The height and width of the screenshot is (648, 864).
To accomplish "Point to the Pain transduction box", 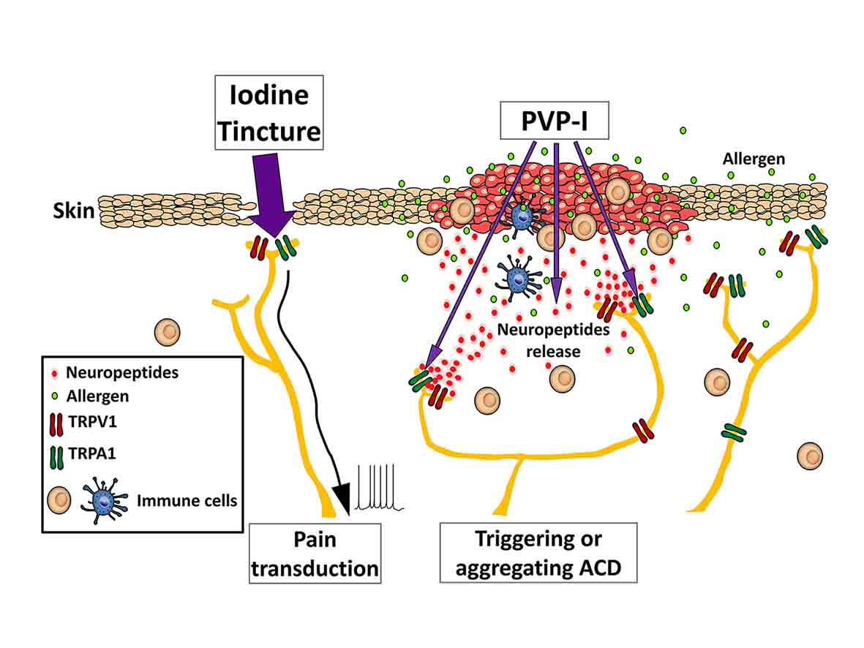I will [x=315, y=553].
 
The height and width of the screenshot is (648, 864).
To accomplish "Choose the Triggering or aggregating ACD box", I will [x=538, y=553].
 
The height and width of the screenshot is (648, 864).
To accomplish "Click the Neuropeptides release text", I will [x=543, y=340].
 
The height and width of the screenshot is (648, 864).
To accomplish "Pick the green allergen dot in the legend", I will [x=56, y=397].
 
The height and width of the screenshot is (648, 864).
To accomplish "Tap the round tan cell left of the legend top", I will [x=167, y=333].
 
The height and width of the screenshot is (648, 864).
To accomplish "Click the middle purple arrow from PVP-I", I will [x=557, y=219].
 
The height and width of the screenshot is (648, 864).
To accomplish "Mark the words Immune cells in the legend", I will [x=189, y=501].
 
